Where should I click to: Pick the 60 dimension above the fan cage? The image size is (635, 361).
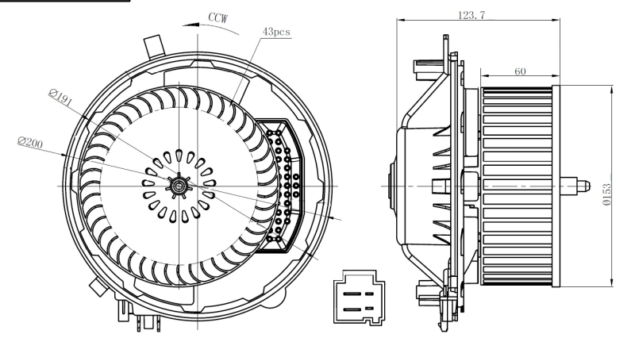coord(520,71)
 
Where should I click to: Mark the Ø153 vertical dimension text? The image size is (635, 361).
coord(627,194)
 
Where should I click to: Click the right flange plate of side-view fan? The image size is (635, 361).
coord(556,186)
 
